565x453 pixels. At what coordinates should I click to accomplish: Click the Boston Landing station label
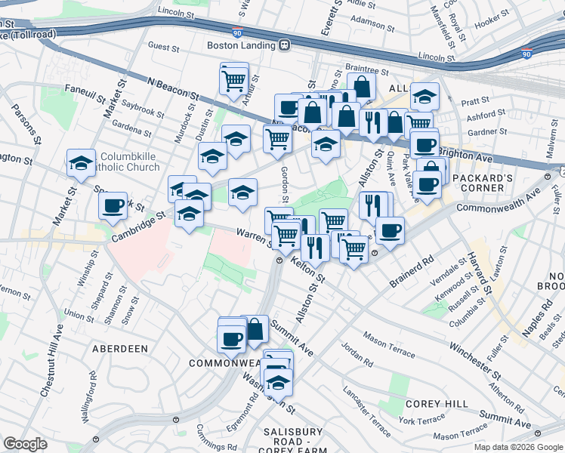(x=242, y=45)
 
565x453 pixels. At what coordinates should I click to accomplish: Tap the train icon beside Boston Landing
(x=285, y=45)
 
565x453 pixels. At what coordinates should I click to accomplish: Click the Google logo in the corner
(x=25, y=444)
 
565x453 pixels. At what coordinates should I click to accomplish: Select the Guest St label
(x=163, y=47)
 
